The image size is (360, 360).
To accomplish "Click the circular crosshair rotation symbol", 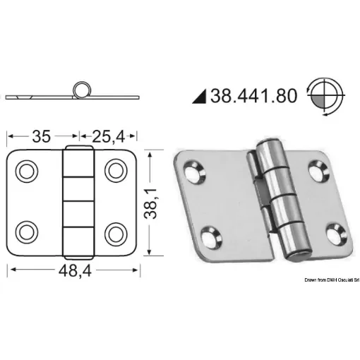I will [x=323, y=95].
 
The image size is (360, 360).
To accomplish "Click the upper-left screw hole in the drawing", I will [x=29, y=171].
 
